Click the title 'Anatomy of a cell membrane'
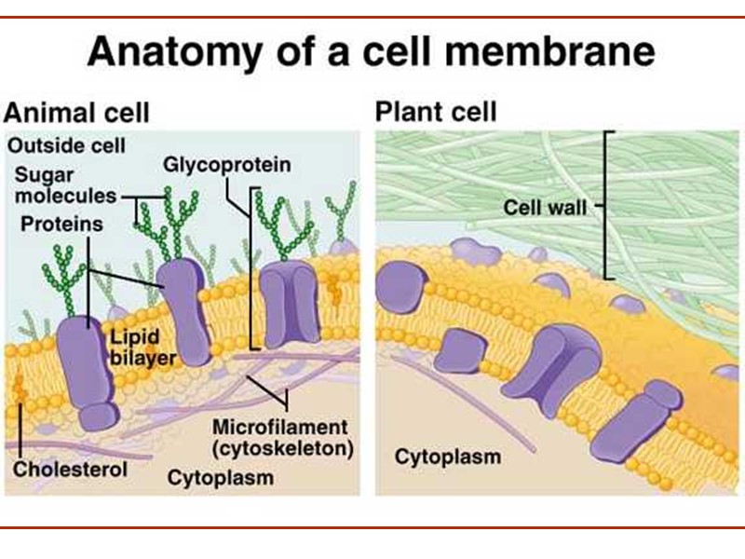[x=371, y=52]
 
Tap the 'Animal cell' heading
[x=76, y=114]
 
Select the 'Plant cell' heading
[x=436, y=113]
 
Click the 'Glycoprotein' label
[x=227, y=165]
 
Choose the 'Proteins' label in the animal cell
[x=58, y=225]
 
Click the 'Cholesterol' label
[x=70, y=469]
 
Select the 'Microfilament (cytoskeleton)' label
[x=283, y=439]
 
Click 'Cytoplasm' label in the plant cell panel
[x=448, y=457]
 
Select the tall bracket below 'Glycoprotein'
[x=251, y=266]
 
